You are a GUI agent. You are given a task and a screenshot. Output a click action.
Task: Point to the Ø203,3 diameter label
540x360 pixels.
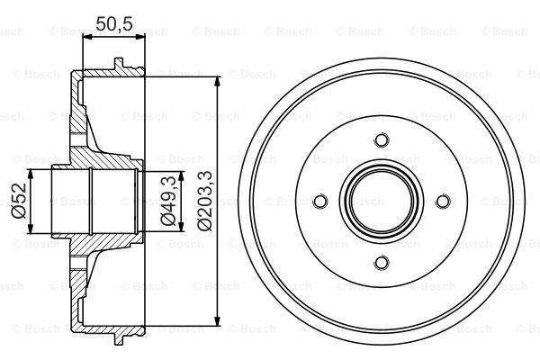coord(205,200)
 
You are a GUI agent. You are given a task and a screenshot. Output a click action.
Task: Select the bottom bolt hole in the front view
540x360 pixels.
coord(381,262)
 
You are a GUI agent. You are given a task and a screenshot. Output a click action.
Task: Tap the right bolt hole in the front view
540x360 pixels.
coord(442,201)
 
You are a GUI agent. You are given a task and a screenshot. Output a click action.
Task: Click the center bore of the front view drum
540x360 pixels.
coord(381,201)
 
